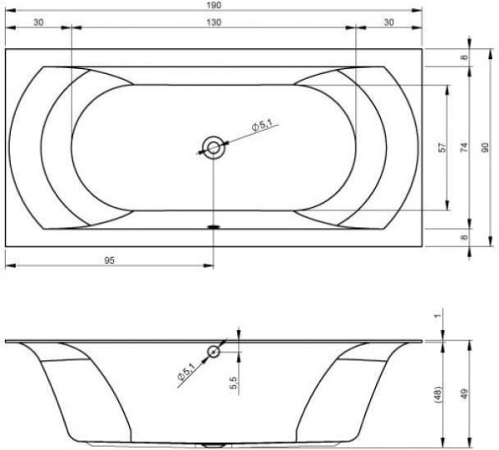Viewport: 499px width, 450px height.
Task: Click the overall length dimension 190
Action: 214,5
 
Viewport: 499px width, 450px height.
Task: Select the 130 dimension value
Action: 214,22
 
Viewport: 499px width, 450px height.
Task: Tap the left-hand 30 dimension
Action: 38,22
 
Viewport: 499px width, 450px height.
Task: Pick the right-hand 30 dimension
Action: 389,22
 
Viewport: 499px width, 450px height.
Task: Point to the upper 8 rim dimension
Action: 465,57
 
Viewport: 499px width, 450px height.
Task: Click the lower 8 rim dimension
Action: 465,237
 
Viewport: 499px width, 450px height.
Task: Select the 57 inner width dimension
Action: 442,147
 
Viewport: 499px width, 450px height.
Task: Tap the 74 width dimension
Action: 465,147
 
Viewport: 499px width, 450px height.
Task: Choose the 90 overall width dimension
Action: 485,147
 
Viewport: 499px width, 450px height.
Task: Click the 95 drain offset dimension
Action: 109,260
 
